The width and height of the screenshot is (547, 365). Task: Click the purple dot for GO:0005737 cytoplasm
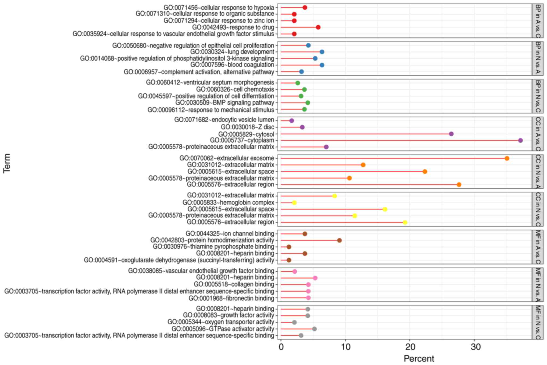520,140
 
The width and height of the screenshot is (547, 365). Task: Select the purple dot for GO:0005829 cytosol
451,134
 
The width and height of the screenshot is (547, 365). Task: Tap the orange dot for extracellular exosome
507,158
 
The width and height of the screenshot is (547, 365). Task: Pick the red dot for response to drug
318,27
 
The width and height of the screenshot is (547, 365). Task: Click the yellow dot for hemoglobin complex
294,203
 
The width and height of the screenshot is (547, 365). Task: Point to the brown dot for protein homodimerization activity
339,240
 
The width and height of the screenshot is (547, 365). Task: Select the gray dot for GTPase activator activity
314,329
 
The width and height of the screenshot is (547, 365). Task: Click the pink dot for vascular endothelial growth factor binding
294,272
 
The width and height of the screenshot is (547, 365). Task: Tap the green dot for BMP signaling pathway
308,103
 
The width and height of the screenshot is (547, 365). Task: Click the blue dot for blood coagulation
322,65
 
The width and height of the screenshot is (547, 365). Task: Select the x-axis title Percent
419,359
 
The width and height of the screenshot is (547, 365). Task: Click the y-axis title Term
7,163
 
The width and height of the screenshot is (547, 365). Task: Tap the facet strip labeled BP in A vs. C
538,21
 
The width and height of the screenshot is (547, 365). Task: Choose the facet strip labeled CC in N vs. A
538,172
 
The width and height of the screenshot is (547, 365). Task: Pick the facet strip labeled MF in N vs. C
538,322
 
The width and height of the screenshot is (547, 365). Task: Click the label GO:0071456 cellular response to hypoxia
219,8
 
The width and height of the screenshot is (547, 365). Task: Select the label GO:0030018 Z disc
247,127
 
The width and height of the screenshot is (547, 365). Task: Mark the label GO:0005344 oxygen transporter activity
221,322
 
